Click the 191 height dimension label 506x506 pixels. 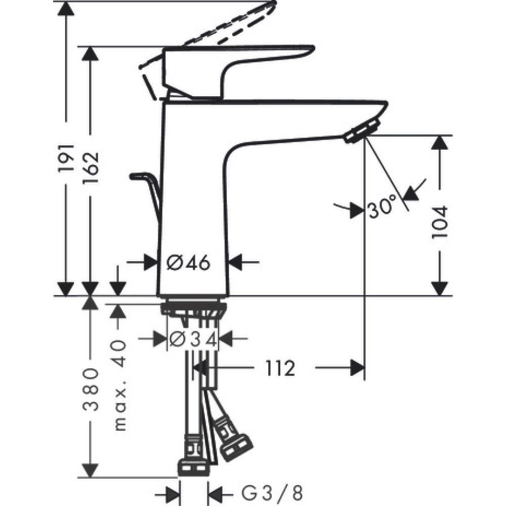[67, 159]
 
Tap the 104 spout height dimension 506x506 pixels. [441, 222]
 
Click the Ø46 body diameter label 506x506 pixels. [188, 262]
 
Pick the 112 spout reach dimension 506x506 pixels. [278, 368]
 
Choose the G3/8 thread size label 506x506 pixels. [266, 491]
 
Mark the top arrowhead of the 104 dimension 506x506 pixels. [441, 143]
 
